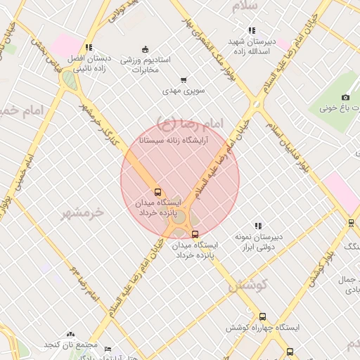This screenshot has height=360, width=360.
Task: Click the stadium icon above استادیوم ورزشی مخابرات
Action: (x=145, y=49)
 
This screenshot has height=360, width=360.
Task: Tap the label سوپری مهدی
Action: (x=183, y=91)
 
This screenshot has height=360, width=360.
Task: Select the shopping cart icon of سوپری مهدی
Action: (x=184, y=80)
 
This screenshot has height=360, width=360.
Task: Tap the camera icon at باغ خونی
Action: (x=345, y=97)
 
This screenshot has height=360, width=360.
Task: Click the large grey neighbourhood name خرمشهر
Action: (x=82, y=213)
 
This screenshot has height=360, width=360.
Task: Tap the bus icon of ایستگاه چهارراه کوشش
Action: (x=263, y=316)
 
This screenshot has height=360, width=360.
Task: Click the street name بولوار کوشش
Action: (x=323, y=268)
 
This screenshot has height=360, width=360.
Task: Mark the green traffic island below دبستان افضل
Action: (x=70, y=79)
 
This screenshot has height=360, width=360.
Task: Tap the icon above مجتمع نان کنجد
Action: (x=70, y=335)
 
